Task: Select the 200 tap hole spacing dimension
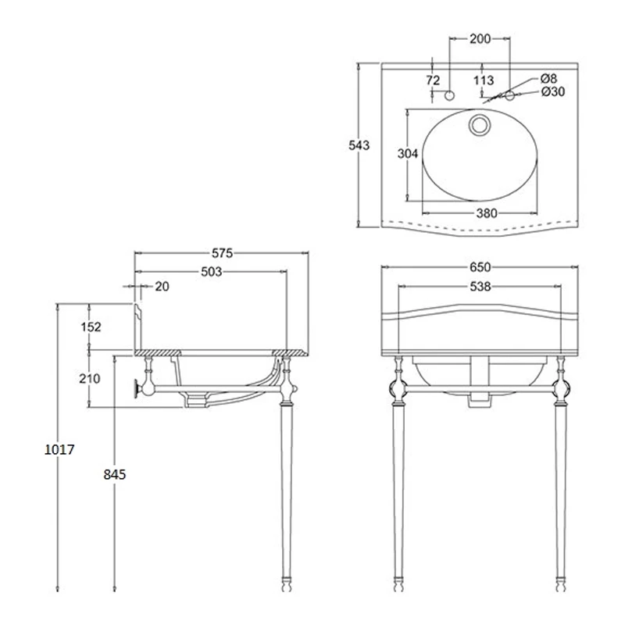[x=480, y=37]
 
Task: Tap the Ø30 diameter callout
[x=552, y=92]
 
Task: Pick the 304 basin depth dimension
[x=408, y=155]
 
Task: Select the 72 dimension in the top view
[x=433, y=80]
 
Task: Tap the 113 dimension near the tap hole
[x=484, y=80]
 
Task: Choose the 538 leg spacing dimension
[x=480, y=287]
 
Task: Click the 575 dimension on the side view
[x=223, y=253]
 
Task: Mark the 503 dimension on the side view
[x=211, y=272]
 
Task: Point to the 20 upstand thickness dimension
[x=162, y=287]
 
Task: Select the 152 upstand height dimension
[x=91, y=327]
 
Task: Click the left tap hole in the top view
[x=449, y=95]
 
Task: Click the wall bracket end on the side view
[x=141, y=387]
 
